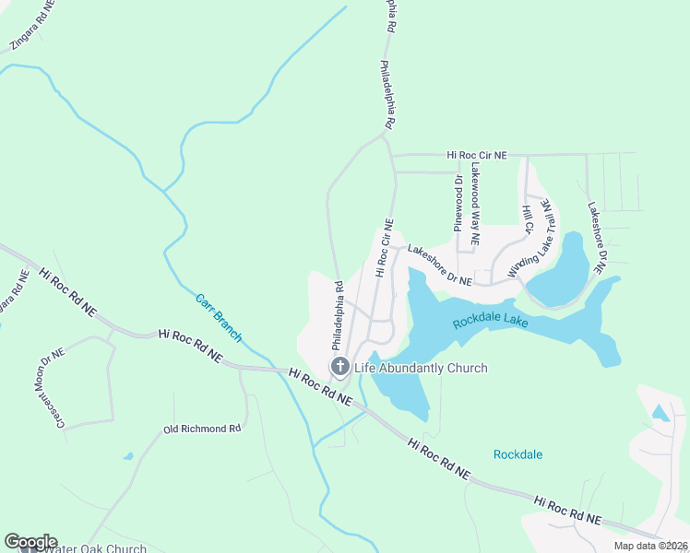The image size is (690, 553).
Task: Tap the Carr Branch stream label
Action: [219, 318]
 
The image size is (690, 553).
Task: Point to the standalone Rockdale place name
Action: [517, 454]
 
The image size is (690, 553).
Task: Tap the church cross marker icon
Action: [339, 368]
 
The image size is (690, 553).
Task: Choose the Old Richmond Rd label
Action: [201, 429]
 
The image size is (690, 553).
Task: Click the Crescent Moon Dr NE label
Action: [50, 389]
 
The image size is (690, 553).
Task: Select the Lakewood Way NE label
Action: [475, 204]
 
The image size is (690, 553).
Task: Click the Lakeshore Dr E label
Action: [595, 238]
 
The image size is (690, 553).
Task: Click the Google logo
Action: [30, 542]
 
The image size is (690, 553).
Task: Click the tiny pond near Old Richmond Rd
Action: [128, 456]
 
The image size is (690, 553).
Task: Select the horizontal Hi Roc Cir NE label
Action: [477, 157]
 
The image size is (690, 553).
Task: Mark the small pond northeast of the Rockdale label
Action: [660, 413]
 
